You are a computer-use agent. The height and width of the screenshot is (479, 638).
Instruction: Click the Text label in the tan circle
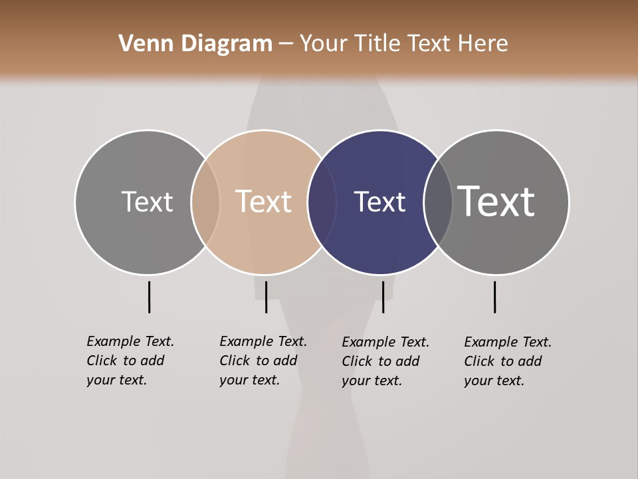[263, 202]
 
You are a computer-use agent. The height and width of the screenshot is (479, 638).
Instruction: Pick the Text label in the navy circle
[379, 202]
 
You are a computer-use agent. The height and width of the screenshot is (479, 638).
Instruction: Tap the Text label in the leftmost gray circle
[147, 202]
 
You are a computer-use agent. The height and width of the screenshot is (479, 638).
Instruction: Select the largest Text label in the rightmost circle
[496, 201]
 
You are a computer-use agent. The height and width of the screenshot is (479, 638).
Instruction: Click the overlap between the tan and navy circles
[322, 202]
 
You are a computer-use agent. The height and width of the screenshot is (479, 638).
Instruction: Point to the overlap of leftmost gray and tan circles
[205, 202]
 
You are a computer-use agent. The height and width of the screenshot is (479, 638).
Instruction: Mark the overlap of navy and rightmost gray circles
[438, 202]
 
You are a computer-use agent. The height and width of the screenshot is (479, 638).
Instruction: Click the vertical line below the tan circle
[266, 297]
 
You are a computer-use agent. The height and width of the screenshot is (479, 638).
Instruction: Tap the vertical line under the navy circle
[383, 297]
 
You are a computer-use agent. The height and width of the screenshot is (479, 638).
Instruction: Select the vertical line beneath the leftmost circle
[149, 297]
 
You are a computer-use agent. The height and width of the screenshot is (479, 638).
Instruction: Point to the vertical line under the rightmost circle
[494, 297]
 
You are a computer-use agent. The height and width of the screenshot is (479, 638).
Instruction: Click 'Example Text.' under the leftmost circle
[130, 341]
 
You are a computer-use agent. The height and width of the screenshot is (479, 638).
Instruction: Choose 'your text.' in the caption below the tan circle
[249, 380]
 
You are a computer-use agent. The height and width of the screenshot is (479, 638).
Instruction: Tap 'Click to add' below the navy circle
[381, 361]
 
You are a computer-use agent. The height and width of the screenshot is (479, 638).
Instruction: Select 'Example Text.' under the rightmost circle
[508, 342]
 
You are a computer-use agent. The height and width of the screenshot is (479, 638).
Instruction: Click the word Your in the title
[324, 44]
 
